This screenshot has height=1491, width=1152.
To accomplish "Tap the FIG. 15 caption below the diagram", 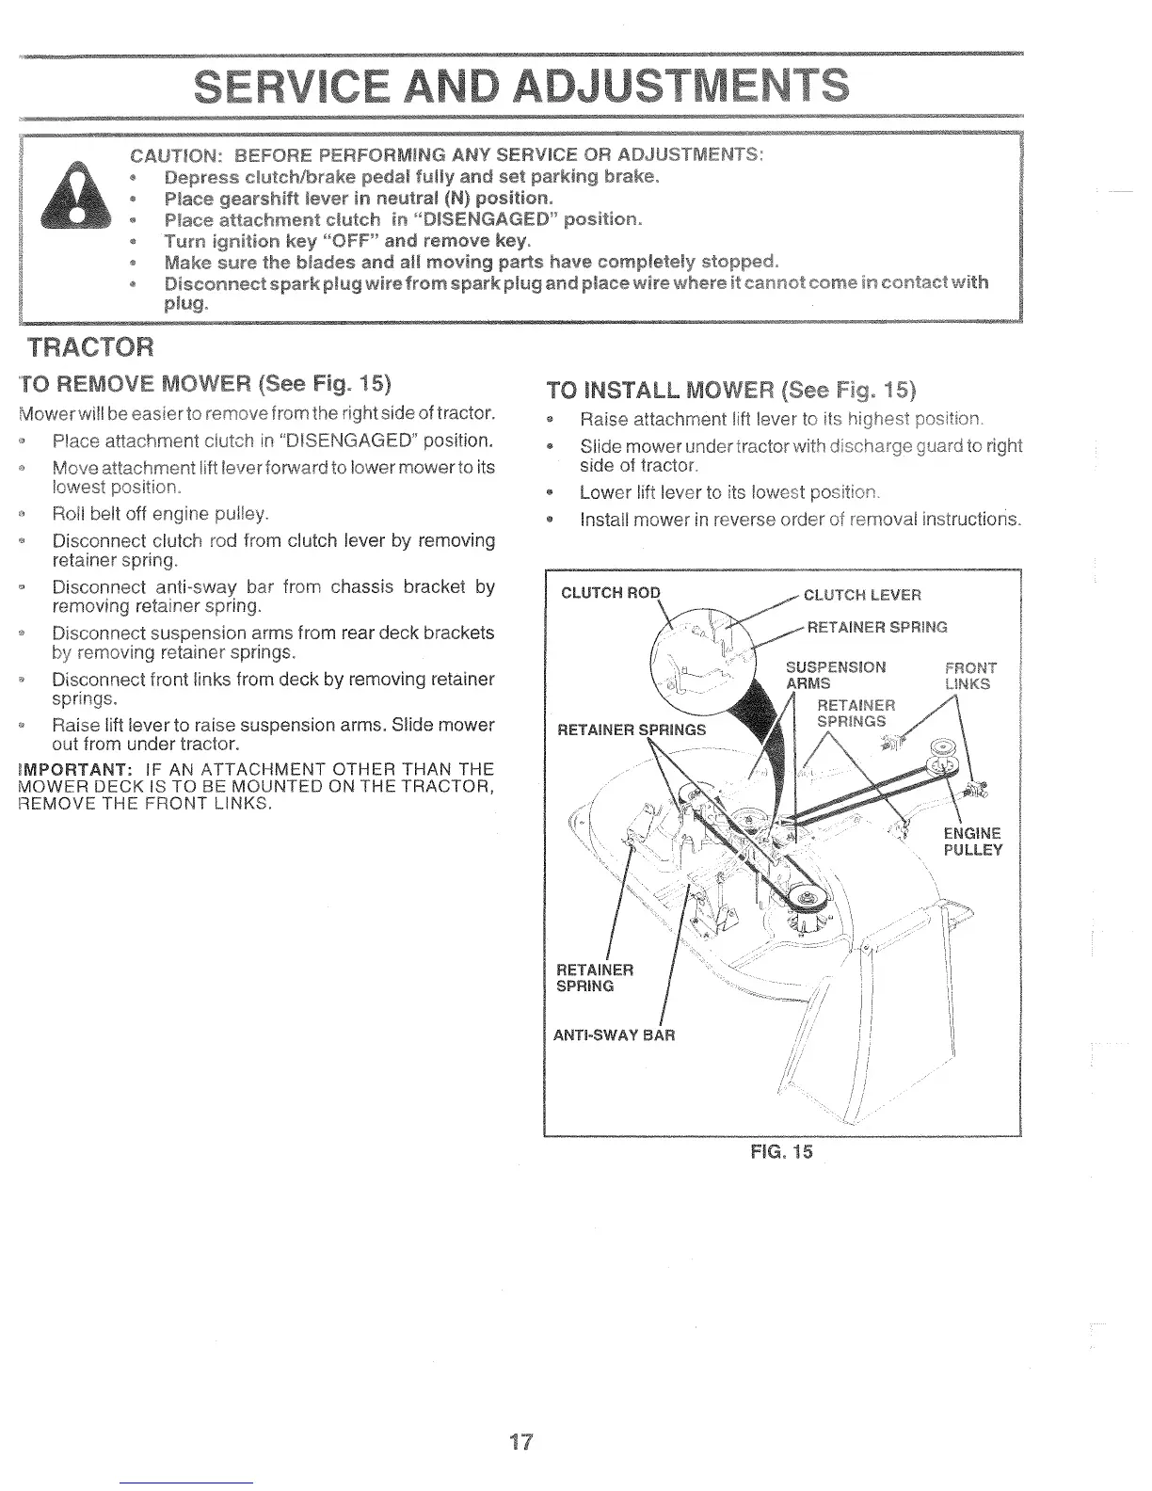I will click(783, 1152).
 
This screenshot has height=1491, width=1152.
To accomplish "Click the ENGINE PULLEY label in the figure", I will click(973, 842).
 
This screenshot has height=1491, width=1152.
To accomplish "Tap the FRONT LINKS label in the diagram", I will click(968, 676).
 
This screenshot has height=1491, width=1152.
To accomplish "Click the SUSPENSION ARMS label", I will click(835, 675).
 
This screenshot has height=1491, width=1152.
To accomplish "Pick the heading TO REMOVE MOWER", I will click(204, 384).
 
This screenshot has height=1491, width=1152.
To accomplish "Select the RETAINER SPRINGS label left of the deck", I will click(632, 729).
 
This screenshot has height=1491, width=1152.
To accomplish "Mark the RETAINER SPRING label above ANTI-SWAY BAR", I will click(596, 977).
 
